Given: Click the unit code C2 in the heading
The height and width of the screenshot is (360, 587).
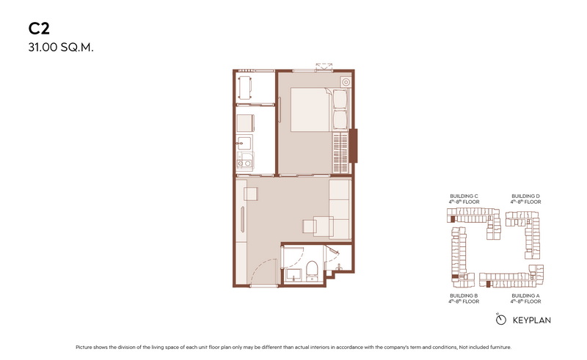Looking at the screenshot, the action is click(39, 29).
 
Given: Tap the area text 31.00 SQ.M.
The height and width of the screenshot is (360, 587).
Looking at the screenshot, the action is click(61, 48).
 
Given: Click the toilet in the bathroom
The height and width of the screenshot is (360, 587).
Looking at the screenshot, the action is click(312, 271).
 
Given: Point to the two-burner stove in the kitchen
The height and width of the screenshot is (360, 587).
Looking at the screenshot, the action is click(244, 164).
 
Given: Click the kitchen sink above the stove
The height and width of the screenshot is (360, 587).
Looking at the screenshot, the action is click(244, 142).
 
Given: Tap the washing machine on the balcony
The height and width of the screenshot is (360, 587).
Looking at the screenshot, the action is click(245, 88).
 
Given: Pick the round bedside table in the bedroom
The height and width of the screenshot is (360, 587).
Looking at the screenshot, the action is click(346, 82).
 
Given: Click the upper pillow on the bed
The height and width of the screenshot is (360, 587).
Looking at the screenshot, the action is click(340, 100).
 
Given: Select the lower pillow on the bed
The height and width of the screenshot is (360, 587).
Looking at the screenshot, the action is click(340, 120).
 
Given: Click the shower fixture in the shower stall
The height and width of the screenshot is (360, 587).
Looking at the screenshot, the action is click(339, 267).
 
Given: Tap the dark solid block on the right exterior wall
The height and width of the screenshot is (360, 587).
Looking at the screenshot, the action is click(353, 146).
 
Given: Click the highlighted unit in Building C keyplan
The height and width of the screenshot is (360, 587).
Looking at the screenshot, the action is click(453, 219).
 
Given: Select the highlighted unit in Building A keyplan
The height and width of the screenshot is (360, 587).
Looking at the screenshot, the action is click(488, 284).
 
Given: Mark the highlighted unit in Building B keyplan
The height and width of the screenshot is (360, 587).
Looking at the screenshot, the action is click(455, 276).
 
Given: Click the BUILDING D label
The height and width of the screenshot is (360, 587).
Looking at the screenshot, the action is click(525, 196).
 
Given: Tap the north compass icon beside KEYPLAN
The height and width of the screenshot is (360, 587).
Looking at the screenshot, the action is click(500, 319).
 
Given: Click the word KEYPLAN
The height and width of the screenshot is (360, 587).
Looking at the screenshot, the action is click(531, 320).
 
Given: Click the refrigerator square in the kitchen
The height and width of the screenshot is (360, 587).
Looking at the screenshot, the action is click(246, 123).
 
